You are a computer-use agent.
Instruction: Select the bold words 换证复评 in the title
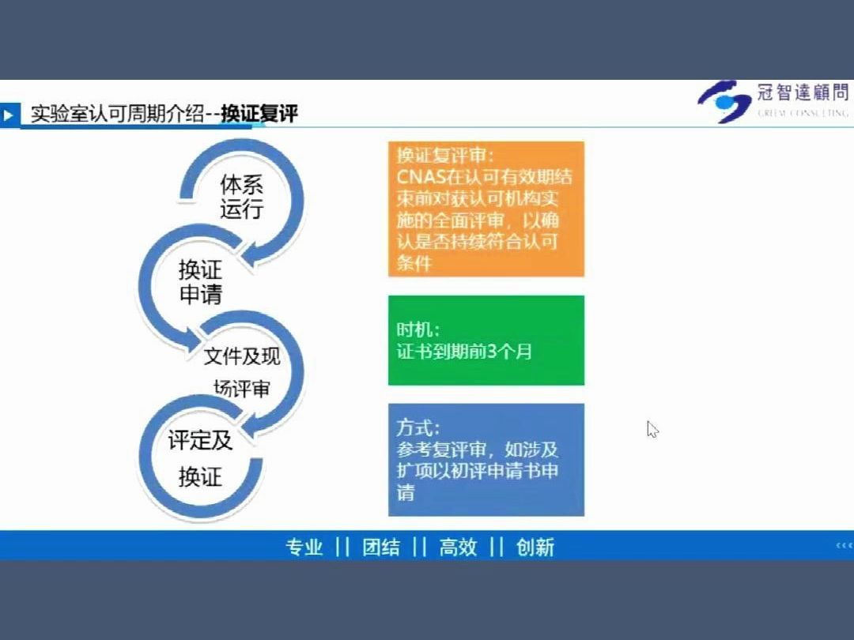pos(259,114)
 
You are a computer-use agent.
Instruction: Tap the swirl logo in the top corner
pos(724,102)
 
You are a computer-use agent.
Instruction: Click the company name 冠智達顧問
pos(802,93)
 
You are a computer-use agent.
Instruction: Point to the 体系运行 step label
pos(241,198)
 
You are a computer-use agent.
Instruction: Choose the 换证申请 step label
pos(200,282)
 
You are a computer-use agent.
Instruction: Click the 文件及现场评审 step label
pos(241,371)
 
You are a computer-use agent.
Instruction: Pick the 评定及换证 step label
pos(200,458)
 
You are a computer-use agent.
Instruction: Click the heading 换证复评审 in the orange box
pos(445,154)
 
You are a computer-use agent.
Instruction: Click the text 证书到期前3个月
pos(464,351)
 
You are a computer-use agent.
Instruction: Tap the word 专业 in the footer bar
pos(304,547)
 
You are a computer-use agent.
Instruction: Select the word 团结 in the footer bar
pos(381,547)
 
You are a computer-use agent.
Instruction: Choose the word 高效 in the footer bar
pos(458,547)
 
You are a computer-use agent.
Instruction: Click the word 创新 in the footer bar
pos(535,547)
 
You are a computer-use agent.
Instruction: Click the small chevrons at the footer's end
pos(844,545)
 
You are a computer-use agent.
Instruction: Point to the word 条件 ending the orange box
pos(414,263)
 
